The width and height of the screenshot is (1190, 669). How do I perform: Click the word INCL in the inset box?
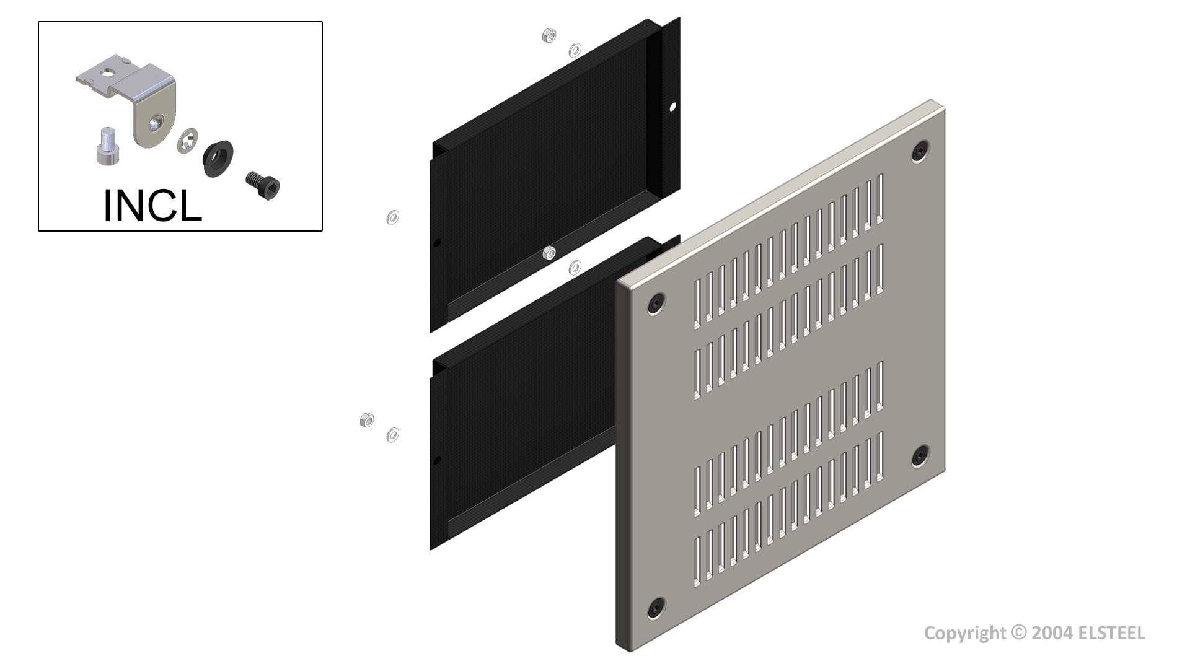coord(152,206)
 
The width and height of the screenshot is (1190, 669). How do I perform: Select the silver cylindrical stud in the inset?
coord(107,146)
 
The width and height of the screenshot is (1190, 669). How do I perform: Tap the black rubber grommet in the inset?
coord(218,159)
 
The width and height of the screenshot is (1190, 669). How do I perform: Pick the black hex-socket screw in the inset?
coord(264,185)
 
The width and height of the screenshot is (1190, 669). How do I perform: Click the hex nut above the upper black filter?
coord(549,35)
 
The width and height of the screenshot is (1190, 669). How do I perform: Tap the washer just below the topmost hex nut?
coord(575,50)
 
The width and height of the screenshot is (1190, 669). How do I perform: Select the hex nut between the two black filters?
coord(549,253)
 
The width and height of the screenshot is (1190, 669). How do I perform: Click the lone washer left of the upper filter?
coord(392,217)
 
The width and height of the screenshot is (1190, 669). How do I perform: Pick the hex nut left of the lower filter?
coord(366,421)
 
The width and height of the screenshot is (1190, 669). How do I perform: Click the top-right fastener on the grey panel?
coord(920,151)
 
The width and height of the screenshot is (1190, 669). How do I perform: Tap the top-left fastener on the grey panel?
coord(656,304)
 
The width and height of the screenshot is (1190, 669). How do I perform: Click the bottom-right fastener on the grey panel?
coord(920,456)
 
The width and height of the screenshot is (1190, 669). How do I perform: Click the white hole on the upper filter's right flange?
coord(673,107)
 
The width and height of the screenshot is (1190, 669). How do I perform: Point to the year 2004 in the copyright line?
coord(1051,633)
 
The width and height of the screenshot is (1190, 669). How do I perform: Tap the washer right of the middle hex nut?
coord(575,268)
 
